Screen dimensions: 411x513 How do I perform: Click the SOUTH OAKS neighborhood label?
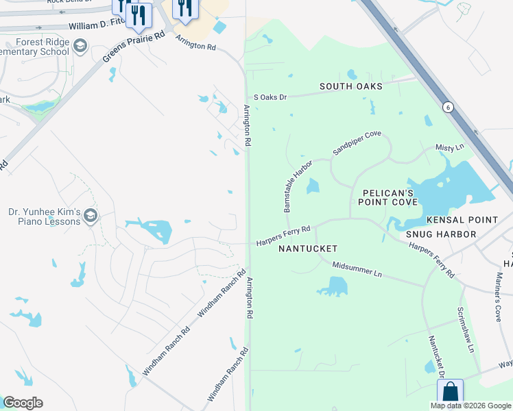(x=350, y=87)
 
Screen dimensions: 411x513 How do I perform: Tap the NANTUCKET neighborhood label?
(x=308, y=249)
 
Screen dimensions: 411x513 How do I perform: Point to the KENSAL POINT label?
(x=462, y=220)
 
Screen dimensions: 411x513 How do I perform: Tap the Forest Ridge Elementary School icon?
(x=80, y=47)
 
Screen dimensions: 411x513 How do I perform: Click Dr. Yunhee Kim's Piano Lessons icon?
(x=90, y=217)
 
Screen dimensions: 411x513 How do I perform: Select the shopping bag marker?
(x=450, y=393)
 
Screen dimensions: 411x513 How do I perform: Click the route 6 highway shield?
(x=448, y=107)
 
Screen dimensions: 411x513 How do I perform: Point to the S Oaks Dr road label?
(x=270, y=97)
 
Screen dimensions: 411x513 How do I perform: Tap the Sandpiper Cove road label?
(x=357, y=142)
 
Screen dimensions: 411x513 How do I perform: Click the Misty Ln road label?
(x=450, y=147)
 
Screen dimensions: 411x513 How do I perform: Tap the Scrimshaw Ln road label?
(x=466, y=329)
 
